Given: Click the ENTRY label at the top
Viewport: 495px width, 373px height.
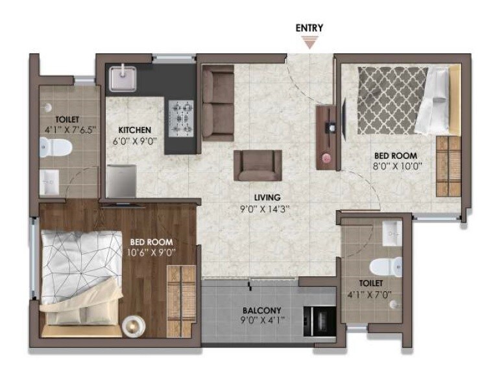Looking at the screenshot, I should [x=309, y=28].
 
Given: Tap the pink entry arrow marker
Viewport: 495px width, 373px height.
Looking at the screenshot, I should [x=309, y=43].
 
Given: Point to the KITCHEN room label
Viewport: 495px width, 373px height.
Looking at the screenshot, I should [x=134, y=130].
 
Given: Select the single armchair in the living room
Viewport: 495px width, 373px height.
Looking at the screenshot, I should [x=258, y=165].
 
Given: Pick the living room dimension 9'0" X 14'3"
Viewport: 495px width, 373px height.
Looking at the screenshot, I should [x=267, y=209].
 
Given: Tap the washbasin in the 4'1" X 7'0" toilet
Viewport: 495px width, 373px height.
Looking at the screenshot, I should [x=392, y=234].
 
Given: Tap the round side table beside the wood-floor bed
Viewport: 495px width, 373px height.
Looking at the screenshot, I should [x=134, y=325].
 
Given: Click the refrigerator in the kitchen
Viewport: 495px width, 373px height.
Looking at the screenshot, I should [x=121, y=180].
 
